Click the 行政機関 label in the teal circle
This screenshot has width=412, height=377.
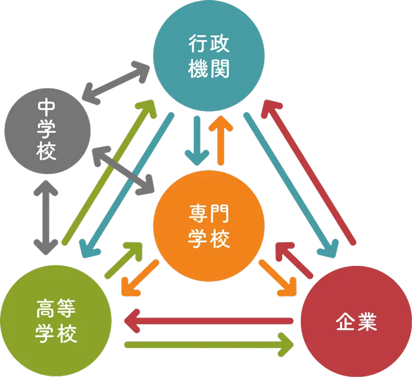click(209, 56)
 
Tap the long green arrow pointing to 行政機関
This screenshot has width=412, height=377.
click(109, 171)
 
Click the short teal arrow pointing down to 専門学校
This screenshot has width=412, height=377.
click(197, 141)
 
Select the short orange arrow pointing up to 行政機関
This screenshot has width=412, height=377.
click(222, 140)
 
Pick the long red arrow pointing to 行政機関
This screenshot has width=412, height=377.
click(308, 171)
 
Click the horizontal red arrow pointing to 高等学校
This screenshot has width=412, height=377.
click(209, 321)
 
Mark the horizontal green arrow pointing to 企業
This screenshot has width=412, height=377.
click(209, 343)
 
